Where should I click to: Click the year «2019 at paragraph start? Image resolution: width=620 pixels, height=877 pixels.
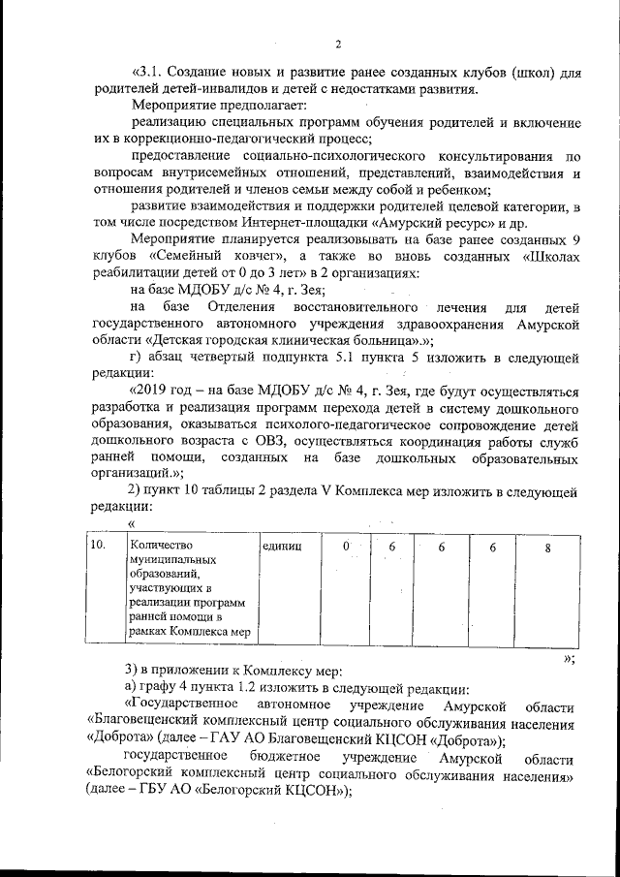pos(149,391)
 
